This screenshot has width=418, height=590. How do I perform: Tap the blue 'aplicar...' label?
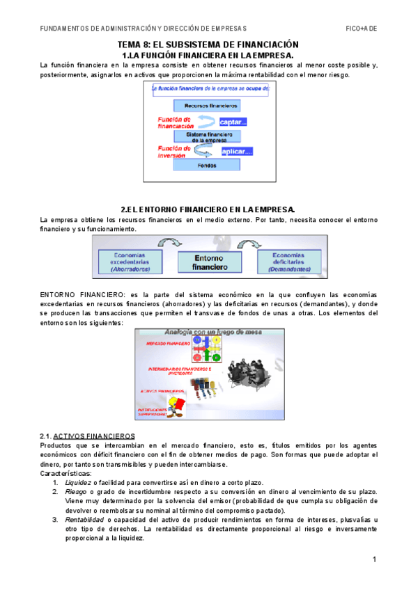[237, 151]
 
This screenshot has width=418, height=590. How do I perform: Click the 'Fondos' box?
[206, 166]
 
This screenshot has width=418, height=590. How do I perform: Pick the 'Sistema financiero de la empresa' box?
[206, 136]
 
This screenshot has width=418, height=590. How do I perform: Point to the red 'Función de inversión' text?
[176, 152]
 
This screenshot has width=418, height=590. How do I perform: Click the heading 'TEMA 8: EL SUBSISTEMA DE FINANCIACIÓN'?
[208, 44]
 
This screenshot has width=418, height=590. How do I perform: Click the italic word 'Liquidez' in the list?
[77, 482]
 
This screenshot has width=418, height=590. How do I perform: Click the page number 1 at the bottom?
[374, 560]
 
